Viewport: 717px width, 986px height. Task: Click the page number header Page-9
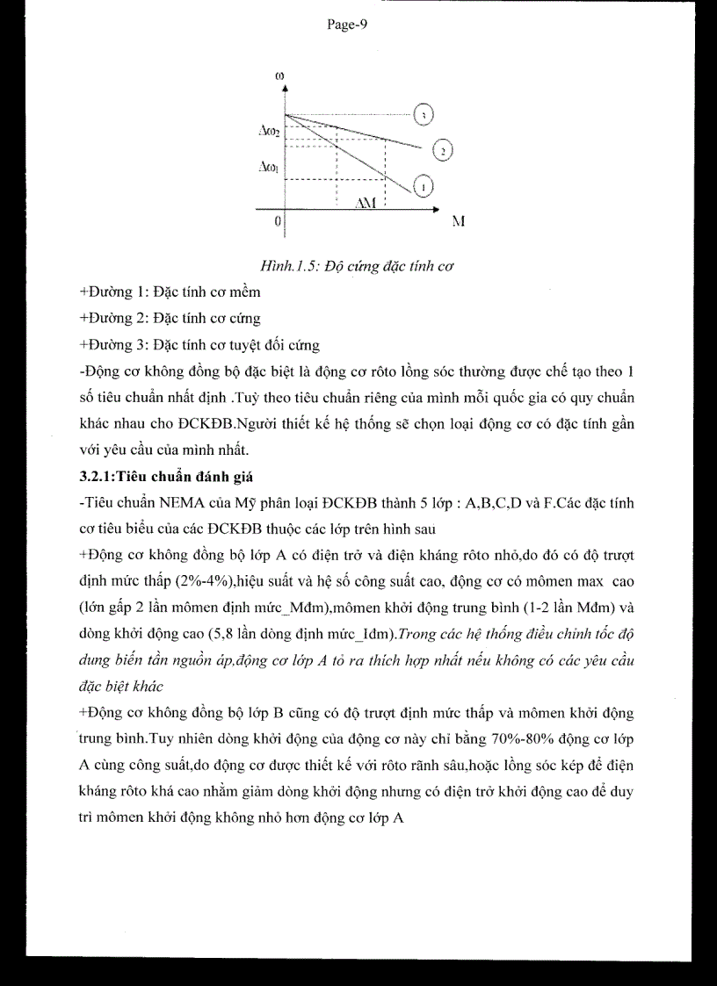click(346, 25)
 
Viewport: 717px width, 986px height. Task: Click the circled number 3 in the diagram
click(424, 115)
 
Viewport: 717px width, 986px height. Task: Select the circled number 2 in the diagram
click(444, 151)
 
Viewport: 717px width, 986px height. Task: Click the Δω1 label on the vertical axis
click(269, 164)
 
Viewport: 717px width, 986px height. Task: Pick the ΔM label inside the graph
click(366, 203)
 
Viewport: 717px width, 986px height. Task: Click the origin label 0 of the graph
click(278, 221)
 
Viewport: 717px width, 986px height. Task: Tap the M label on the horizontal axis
click(458, 222)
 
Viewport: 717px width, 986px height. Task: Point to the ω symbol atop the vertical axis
click(280, 76)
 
